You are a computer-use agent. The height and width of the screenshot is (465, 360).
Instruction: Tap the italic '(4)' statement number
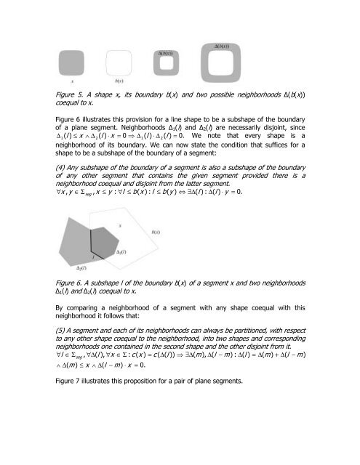pyautogui.click(x=49, y=190)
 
